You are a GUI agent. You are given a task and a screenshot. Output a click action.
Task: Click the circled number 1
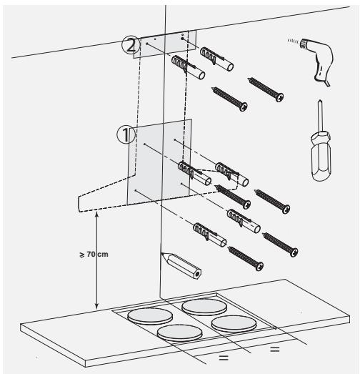coord(126,134)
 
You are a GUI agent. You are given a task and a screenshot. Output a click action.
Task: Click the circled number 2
coord(131,45)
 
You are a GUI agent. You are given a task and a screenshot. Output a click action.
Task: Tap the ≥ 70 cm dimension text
coord(94,255)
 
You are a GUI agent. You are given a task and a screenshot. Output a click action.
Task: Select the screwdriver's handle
coord(321,156)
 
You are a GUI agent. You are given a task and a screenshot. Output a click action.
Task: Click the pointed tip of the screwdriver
coord(320,101)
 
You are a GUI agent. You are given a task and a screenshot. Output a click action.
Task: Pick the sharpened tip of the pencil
coord(162,254)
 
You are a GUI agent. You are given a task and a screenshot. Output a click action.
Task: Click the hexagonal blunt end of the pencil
coord(197,274)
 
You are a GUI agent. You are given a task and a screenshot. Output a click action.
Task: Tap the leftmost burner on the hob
coord(150,316)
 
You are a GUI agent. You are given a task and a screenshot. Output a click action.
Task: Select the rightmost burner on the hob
coord(234,324)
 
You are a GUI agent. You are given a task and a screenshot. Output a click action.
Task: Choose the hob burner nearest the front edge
coord(179,333)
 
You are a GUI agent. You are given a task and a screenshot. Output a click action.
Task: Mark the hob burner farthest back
coord(204,307)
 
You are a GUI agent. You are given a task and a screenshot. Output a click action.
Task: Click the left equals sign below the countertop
coord(224,358)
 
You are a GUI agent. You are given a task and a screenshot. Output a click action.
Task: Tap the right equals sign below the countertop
coord(275,350)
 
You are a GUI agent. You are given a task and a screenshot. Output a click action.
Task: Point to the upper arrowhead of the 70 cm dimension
coord(96,214)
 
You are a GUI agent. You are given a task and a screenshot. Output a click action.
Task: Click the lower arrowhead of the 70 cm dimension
coord(96,307)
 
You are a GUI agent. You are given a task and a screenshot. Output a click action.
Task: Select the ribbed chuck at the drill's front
coord(304,44)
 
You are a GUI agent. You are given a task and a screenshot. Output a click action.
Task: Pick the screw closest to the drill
coord(266,89)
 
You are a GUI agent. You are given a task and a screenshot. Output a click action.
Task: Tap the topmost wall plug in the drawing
coord(216,59)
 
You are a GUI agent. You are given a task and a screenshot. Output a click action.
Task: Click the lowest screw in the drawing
coord(246,259)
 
